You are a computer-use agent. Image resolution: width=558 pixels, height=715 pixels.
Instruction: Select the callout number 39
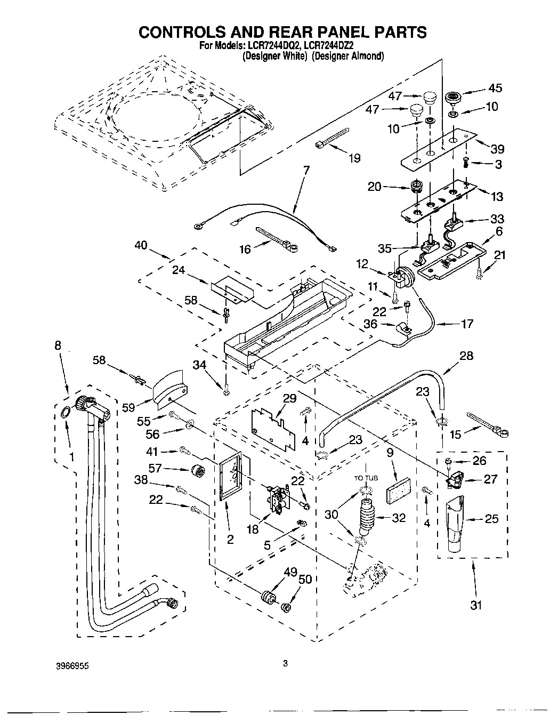pos(497,149)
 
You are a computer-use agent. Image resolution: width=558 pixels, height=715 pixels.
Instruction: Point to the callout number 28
pos(466,356)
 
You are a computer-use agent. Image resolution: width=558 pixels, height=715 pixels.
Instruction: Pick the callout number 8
pos(58,345)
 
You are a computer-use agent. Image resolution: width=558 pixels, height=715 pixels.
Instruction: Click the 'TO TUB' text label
pos(366,478)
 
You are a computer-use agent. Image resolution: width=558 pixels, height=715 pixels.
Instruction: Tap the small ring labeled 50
pos(287,607)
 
